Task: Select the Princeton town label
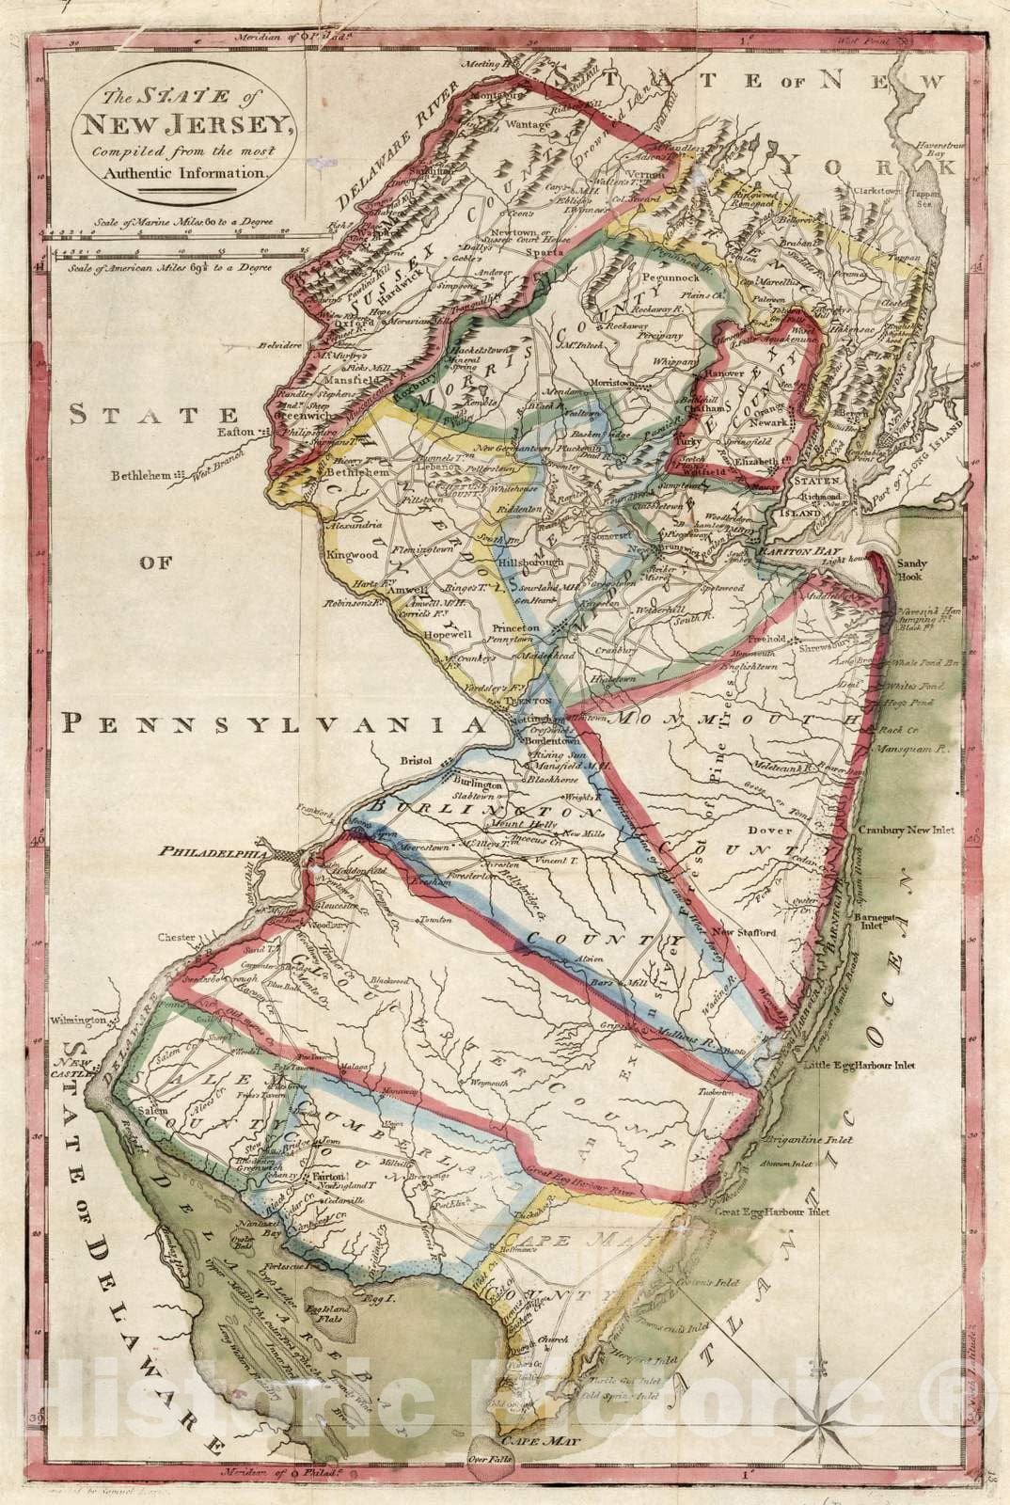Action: point(513,627)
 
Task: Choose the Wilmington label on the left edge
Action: point(78,1020)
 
